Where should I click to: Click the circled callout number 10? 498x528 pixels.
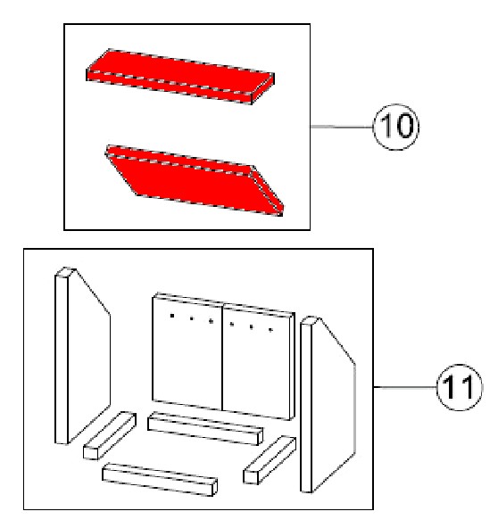396,127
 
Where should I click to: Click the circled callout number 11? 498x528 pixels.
460,387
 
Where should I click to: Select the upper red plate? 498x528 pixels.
180,77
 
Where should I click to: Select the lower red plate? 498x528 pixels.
195,180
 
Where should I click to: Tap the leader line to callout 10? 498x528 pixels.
342,127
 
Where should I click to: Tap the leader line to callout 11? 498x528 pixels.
405,387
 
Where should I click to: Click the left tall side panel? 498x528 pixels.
82,356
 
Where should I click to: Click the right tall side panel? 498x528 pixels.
328,404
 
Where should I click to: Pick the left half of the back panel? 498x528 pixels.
187,351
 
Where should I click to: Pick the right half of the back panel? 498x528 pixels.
259,361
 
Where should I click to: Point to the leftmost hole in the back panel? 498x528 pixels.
172,316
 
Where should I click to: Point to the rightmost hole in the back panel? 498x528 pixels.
270,330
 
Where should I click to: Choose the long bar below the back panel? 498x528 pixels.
205,428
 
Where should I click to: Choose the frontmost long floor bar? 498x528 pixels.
160,480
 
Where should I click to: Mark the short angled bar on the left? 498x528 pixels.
110,435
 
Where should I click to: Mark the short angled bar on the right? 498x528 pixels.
270,460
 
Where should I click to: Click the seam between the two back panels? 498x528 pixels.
222,357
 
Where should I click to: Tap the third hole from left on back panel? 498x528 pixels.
211,321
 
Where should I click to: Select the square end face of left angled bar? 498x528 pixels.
90,453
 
